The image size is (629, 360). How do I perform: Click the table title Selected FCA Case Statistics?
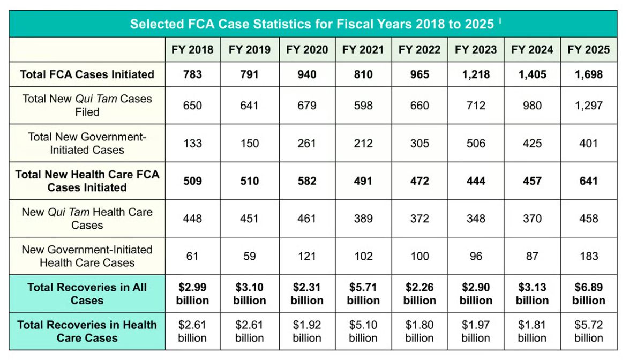pos(311,24)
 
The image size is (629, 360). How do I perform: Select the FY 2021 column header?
pos(363,50)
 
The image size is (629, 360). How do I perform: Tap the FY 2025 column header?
pos(588,50)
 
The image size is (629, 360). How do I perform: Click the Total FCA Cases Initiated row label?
pos(87,74)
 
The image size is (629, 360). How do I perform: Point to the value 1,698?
pos(588,74)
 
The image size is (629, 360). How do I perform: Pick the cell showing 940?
pos(306,74)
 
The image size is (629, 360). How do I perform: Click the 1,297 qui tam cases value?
pos(588,106)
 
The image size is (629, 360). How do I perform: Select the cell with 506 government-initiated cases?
pos(475,143)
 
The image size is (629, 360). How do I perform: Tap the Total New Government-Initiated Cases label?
pos(87,143)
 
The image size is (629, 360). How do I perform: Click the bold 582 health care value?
pos(306,181)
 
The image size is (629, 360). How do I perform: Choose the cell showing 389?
pos(363,219)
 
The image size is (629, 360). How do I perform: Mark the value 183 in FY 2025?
pos(588,256)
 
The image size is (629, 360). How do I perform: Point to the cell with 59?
pos(249,256)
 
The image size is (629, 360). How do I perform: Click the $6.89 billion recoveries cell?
pos(588,294)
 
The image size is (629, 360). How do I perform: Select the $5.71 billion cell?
pos(363,294)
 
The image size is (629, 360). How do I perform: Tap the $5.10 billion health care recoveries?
pos(363,331)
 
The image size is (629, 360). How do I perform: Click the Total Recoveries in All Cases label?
pos(87,294)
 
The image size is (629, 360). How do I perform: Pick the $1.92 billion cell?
pos(306,331)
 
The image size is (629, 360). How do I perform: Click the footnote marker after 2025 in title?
pos(500,21)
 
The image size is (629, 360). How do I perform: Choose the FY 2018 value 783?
pos(192,74)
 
